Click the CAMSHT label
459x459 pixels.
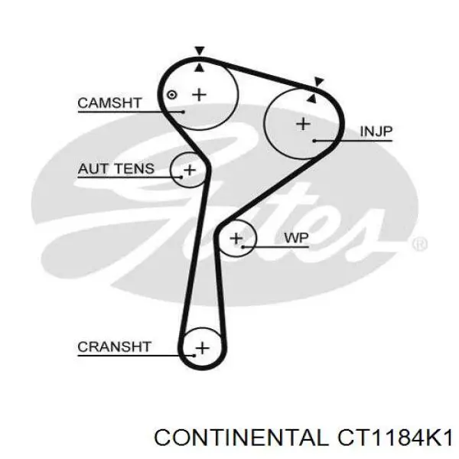coord(109,103)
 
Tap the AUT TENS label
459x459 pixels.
coord(116,168)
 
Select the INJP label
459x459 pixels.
coord(376,132)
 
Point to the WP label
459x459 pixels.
coord(296,238)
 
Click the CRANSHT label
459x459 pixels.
coord(115,347)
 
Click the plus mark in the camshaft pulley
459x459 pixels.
coord(200,95)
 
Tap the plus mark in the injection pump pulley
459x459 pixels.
coord(303,124)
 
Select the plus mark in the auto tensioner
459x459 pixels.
coord(190,170)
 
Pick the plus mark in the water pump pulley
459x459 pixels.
coord(236,238)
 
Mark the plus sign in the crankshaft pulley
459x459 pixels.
coord(203,348)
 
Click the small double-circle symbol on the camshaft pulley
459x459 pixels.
coord(172,95)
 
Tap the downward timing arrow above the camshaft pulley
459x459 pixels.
coord(200,50)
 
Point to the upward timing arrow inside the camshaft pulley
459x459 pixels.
coord(200,68)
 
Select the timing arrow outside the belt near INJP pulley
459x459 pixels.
coord(319,82)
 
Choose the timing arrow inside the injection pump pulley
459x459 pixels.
coord(312,98)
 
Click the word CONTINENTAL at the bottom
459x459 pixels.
coord(242,438)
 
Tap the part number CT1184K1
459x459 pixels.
coord(395,438)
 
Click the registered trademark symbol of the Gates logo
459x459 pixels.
coord(419,243)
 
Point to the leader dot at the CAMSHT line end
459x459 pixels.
coord(184,112)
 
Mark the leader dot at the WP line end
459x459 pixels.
coord(243,247)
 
